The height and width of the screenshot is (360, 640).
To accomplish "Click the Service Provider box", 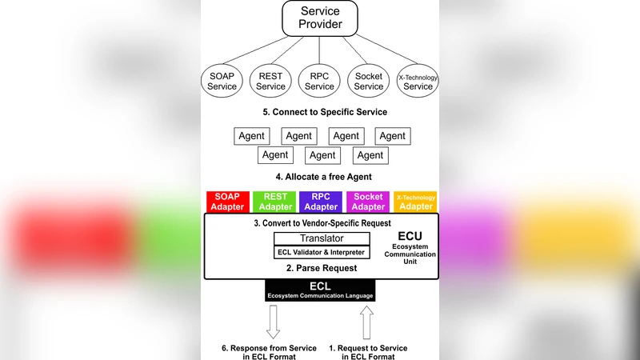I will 320,18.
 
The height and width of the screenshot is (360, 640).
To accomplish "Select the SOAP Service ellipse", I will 222,81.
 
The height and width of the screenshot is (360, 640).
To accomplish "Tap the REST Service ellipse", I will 271,81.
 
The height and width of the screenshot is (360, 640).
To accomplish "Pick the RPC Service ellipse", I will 319,81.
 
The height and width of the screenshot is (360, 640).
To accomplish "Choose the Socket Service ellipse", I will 369,81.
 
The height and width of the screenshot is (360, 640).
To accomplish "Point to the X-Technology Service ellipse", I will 418,81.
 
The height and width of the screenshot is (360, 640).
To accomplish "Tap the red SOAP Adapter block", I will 227,202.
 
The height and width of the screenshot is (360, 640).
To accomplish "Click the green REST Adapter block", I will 274,202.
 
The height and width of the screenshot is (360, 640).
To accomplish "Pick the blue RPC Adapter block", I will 320,202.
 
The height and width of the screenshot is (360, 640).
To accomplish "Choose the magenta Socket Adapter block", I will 368,202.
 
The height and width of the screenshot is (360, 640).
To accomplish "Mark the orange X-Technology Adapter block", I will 416,202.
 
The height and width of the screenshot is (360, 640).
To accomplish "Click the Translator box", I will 322,238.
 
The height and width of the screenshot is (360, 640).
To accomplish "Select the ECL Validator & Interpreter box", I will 322,253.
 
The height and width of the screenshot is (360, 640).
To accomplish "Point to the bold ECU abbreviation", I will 410,236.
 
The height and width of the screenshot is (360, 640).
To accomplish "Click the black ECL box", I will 320,290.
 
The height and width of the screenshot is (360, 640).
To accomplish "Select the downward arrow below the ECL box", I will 274,322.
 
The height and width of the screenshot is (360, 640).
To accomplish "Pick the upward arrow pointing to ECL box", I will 366,322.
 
